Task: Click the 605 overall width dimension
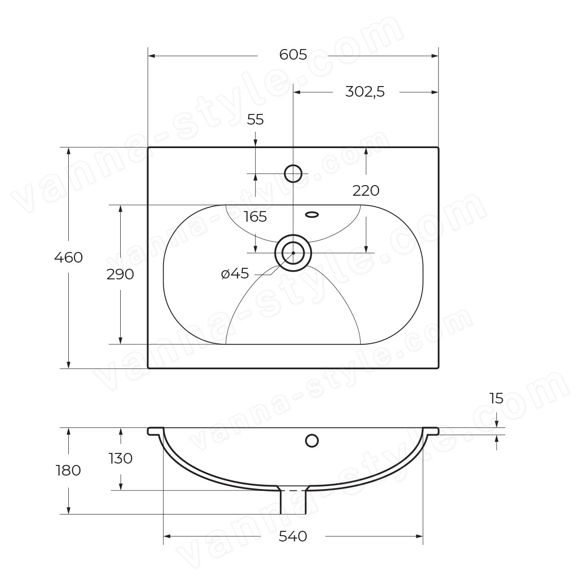coord(293,55)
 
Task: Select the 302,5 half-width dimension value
coord(364,92)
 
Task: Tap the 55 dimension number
coord(255,120)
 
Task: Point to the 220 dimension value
coord(365,191)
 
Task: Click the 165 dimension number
coord(255,216)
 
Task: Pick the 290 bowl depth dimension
coord(120,274)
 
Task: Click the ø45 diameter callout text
coord(235,274)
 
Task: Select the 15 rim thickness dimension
coord(496,398)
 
